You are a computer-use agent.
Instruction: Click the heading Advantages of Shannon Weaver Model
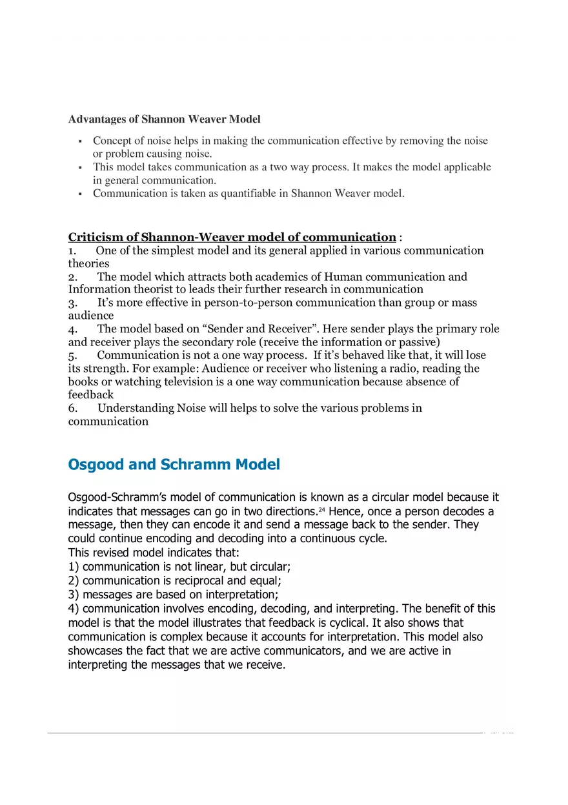[x=164, y=119]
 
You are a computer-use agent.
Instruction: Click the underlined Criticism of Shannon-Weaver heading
[x=232, y=237]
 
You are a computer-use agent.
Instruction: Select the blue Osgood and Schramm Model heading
[x=174, y=465]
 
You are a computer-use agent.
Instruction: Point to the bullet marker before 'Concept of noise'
[x=79, y=141]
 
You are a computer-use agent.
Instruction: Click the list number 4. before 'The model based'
[x=73, y=329]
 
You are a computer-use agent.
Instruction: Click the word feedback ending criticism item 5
[x=90, y=394]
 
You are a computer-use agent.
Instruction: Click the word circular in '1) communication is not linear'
[x=270, y=567]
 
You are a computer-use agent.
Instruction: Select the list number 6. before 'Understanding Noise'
[x=73, y=408]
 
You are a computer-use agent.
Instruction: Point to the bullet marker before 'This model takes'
[x=79, y=168]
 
